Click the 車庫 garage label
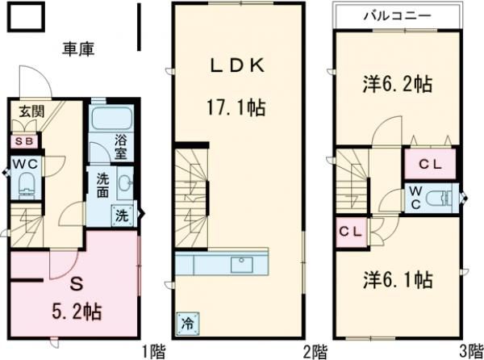tap(78, 49)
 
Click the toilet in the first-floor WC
tap(24, 183)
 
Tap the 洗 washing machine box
tap(121, 216)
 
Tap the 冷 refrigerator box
tap(186, 323)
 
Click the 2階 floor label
tap(314, 351)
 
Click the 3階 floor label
tap(470, 351)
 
